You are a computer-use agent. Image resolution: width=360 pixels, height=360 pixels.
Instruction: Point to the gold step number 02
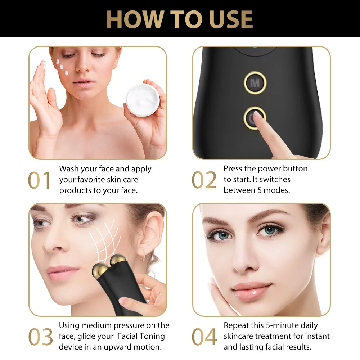coord(204,180)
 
